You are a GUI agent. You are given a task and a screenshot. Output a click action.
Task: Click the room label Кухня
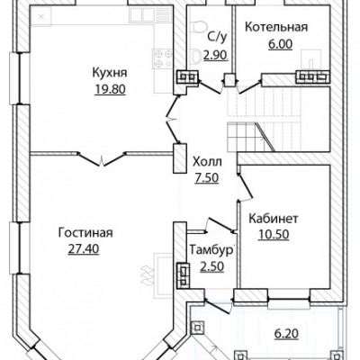tap(110, 73)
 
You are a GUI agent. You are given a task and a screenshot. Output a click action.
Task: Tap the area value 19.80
tap(110, 89)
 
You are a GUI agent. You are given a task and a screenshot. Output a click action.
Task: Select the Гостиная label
tap(85, 233)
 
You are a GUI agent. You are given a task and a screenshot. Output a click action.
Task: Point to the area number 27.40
tap(84, 248)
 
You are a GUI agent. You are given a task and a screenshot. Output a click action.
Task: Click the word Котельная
tap(276, 27)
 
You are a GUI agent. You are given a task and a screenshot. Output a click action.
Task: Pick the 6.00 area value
tap(280, 44)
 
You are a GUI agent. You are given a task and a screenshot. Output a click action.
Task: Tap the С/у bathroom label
tap(217, 37)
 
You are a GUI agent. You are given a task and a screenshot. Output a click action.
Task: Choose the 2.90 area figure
tap(216, 55)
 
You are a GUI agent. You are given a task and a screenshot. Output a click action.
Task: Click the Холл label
tap(207, 162)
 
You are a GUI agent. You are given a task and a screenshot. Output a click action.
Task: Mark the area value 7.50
tap(207, 178)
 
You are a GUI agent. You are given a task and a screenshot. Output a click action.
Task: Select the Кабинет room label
tap(274, 219)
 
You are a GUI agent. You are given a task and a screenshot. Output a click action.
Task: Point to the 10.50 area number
tap(274, 234)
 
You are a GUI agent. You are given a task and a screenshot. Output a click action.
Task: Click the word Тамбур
tap(211, 250)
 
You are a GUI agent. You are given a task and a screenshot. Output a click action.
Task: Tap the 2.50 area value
tap(211, 266)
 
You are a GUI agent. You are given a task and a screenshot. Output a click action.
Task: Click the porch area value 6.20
tap(286, 333)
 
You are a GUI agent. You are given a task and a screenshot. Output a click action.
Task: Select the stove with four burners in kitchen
tap(163, 58)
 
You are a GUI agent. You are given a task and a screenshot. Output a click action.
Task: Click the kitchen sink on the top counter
tap(150, 14)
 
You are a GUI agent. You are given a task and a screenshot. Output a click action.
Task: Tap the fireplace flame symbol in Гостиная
tap(146, 274)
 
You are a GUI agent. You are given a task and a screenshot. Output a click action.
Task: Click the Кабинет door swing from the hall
tap(246, 186)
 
